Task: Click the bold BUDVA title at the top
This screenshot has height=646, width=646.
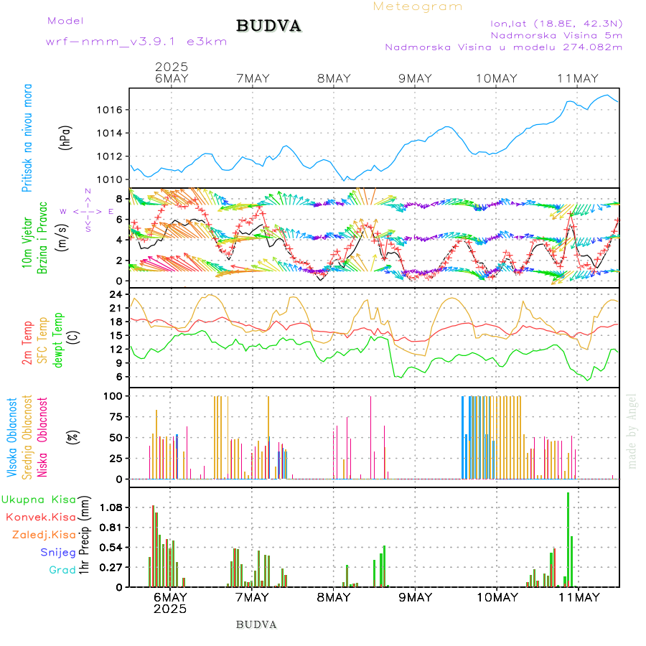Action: tap(268, 26)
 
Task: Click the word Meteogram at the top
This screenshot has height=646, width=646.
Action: tap(418, 6)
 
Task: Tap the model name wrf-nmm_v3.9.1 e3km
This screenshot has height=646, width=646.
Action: tap(136, 42)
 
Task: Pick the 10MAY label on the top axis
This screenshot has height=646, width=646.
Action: tap(496, 78)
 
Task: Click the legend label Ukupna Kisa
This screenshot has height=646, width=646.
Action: tap(39, 499)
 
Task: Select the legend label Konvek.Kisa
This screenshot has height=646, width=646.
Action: tap(40, 517)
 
